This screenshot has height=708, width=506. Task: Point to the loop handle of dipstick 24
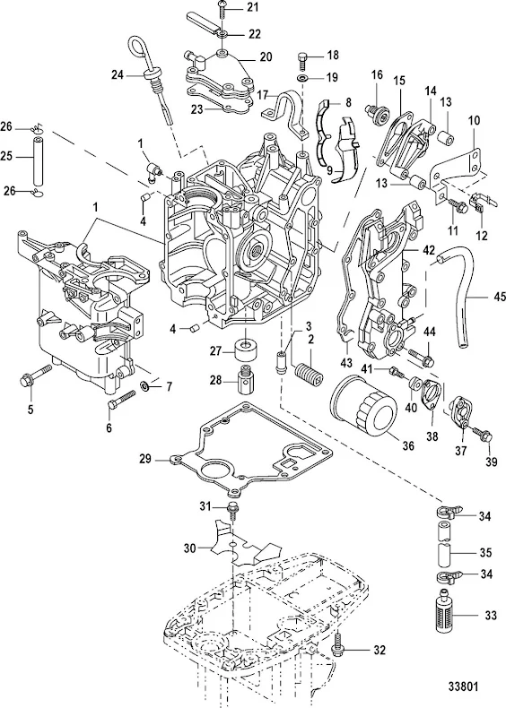(138, 49)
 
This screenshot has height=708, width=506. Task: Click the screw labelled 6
(121, 400)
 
